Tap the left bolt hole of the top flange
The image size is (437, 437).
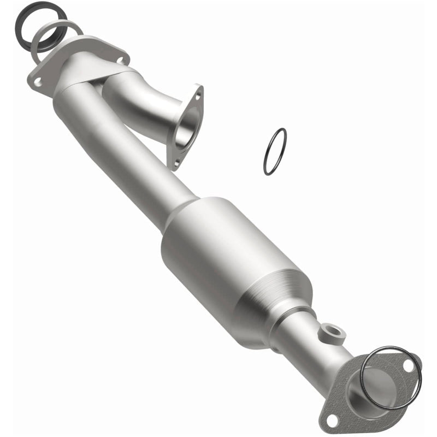tap(38, 81)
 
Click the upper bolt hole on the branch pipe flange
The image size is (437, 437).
tap(198, 96)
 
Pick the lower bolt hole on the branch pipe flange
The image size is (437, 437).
tap(176, 161)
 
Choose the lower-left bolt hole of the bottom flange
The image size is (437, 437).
tap(330, 420)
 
